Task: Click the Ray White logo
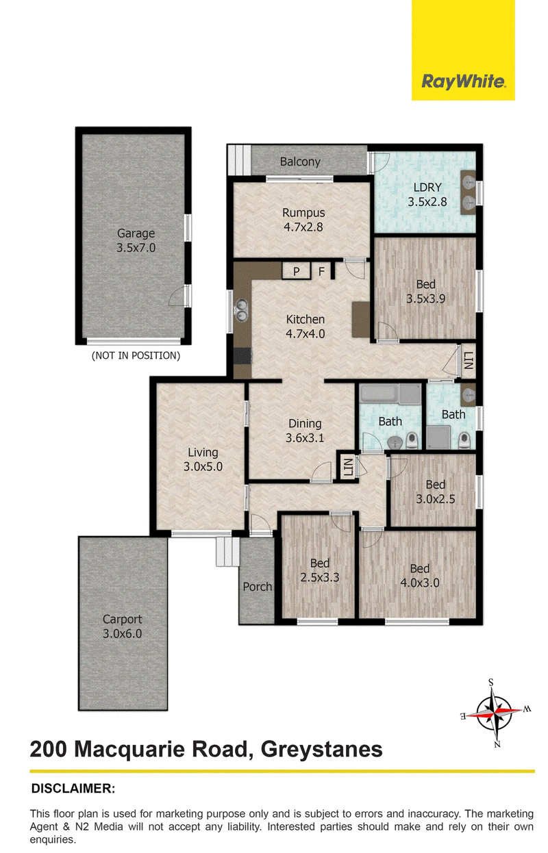point(463,50)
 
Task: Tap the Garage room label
point(136,240)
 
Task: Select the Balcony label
point(300,162)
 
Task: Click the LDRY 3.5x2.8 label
point(427,194)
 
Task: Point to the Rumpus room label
point(303,220)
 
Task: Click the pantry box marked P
point(296,271)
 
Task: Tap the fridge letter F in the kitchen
point(322,272)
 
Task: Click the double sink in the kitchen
point(241,310)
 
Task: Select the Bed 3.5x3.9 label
point(425,292)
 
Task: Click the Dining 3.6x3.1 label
point(305,431)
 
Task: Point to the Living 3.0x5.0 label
point(203,459)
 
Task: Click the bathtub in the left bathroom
point(390,394)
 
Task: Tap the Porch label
point(258,587)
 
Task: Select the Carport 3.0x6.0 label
point(122,626)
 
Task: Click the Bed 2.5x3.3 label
point(320,570)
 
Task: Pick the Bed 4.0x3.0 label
point(420,575)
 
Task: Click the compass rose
point(495,713)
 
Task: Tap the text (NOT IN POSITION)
point(136,356)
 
